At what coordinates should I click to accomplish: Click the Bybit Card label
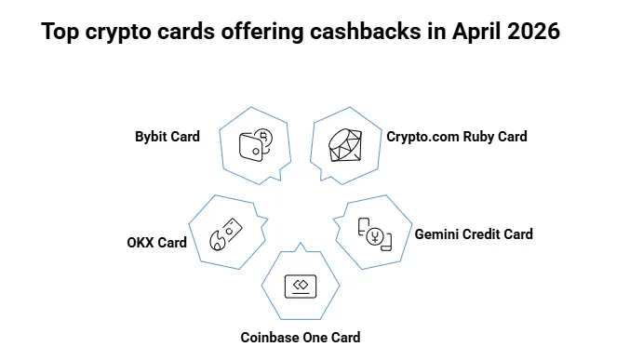tap(167, 137)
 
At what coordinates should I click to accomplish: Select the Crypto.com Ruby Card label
tap(457, 137)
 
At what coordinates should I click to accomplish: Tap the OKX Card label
tap(157, 243)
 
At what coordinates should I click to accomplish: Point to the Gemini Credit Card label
tap(474, 233)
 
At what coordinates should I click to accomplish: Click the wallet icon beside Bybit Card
tap(255, 146)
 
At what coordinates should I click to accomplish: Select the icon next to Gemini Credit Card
tap(375, 233)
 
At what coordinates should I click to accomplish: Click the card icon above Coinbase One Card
tap(301, 286)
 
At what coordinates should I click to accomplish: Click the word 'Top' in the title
tap(59, 33)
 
